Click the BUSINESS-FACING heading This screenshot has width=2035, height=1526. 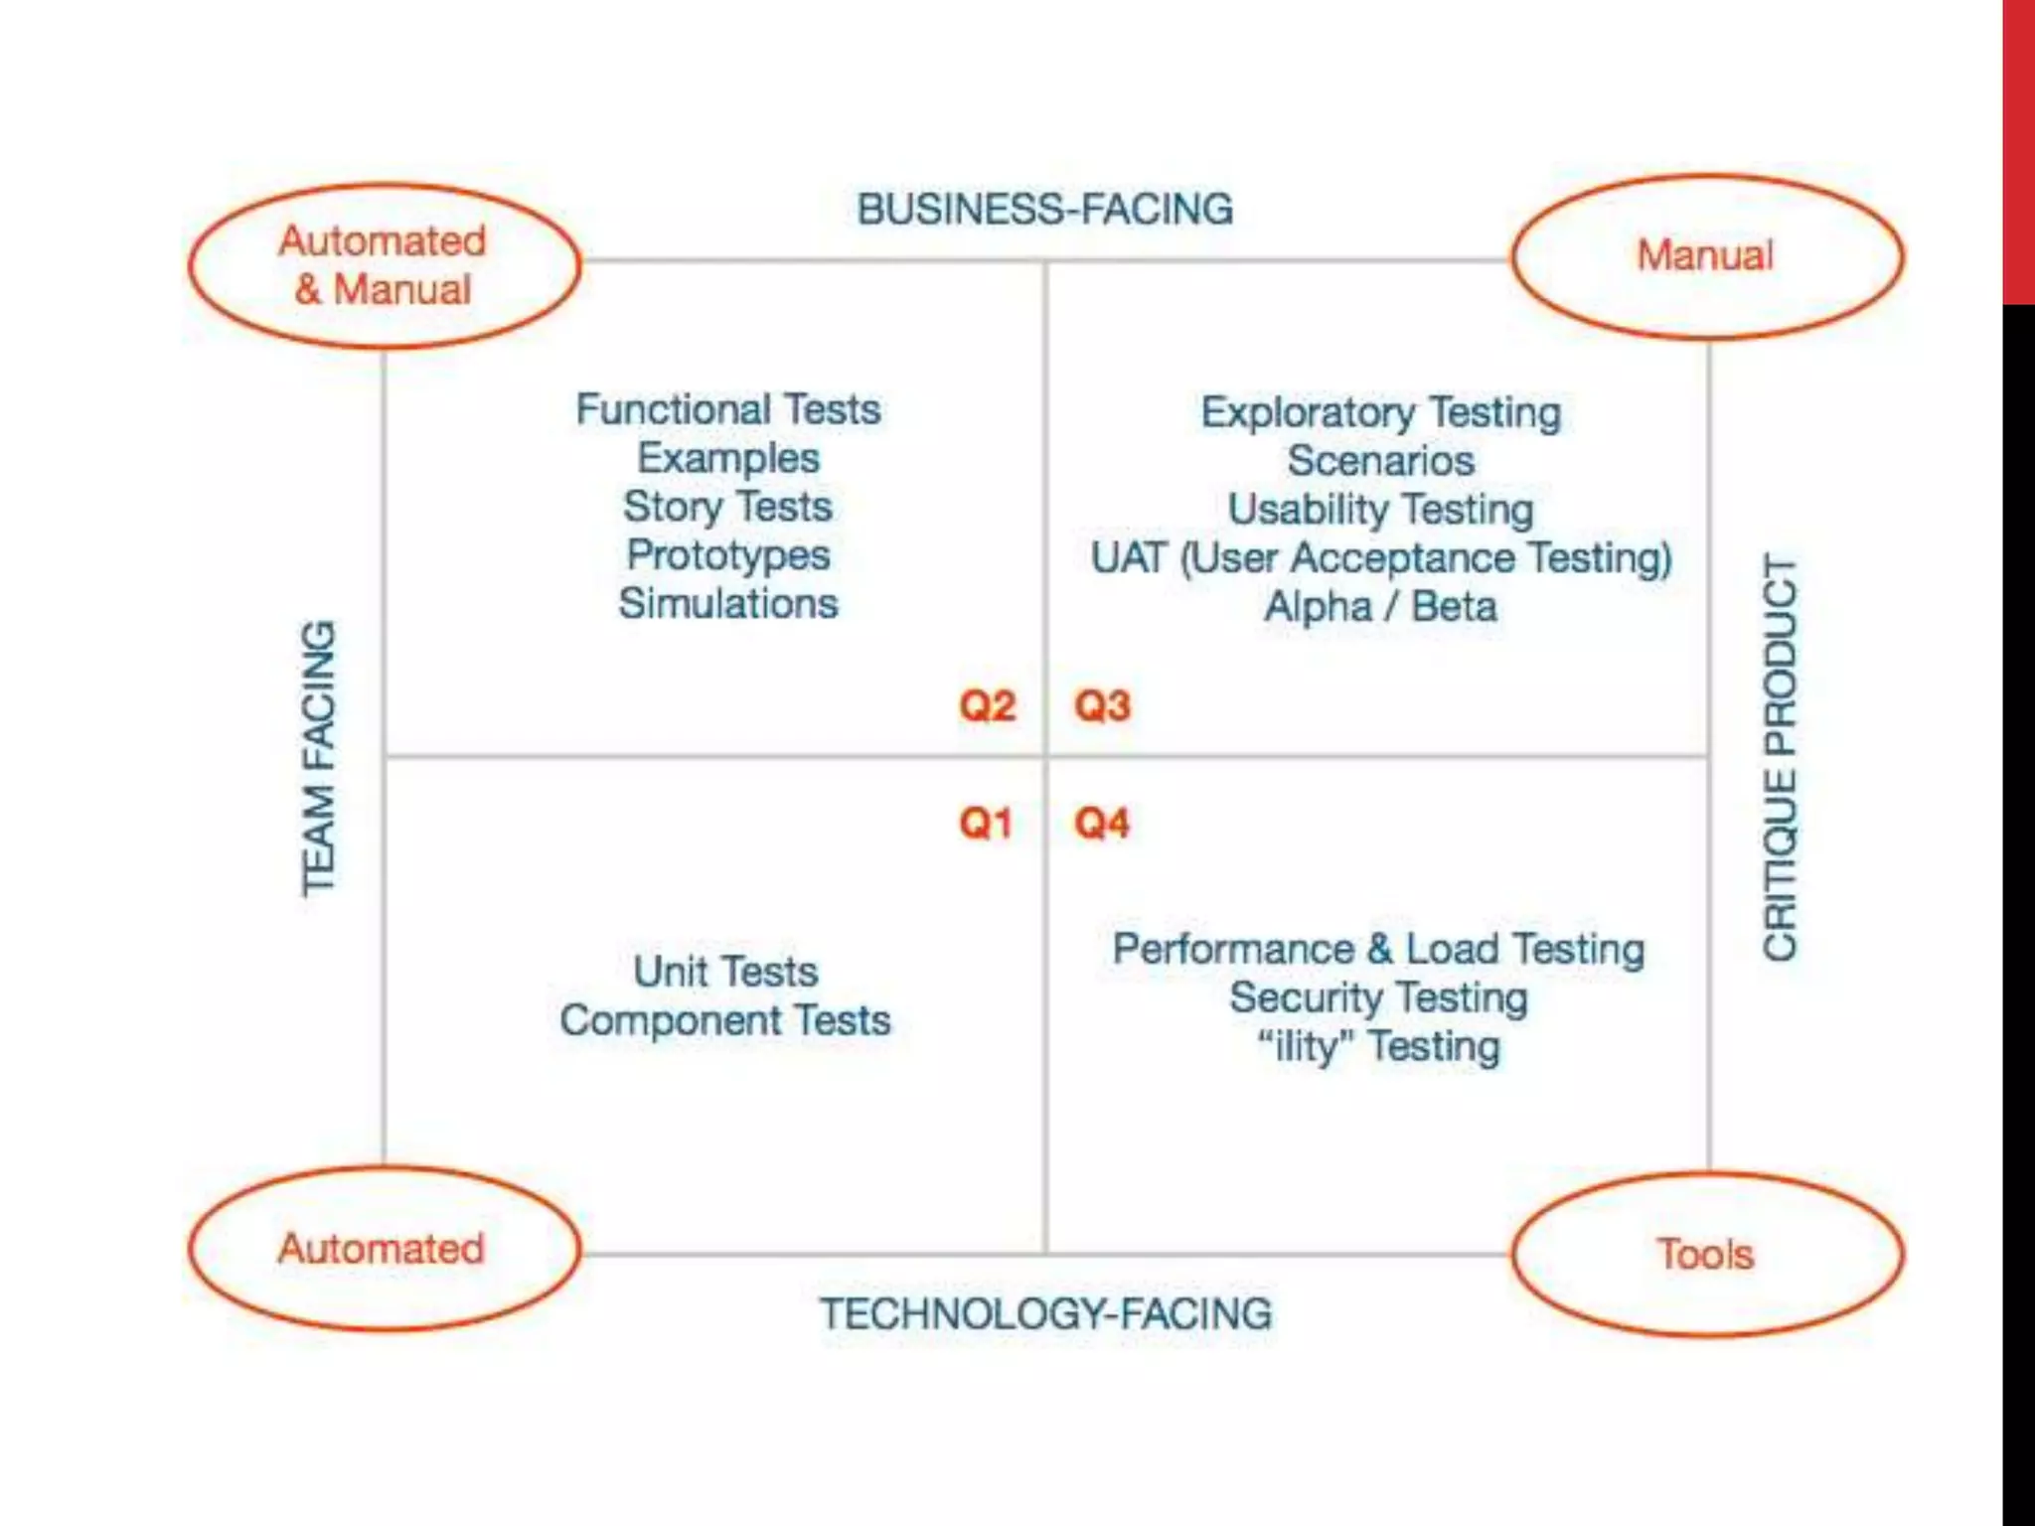(x=1044, y=210)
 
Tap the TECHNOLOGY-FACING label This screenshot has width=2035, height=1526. (x=1045, y=1313)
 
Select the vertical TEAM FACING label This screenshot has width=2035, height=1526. (x=319, y=759)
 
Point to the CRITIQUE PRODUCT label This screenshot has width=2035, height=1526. (x=1780, y=756)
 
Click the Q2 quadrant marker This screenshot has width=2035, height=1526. (x=987, y=705)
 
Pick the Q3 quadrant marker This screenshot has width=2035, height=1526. (x=1102, y=705)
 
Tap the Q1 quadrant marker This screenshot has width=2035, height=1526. (x=985, y=823)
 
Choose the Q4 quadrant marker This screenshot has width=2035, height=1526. (x=1102, y=823)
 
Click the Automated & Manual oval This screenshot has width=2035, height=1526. (x=385, y=265)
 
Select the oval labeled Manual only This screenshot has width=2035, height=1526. (x=1706, y=256)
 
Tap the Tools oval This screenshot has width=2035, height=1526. (x=1706, y=1254)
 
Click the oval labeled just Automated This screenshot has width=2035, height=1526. (x=383, y=1248)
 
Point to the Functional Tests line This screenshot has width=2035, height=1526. (x=728, y=409)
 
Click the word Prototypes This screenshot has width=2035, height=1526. (x=728, y=554)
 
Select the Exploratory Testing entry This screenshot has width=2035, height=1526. (x=1381, y=412)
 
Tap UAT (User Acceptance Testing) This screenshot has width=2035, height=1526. (x=1381, y=557)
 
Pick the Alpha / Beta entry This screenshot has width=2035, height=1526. (x=1380, y=606)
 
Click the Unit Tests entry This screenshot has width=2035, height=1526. (x=726, y=971)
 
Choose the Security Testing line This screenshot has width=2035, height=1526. (x=1378, y=997)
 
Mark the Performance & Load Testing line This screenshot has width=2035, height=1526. (x=1378, y=949)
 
